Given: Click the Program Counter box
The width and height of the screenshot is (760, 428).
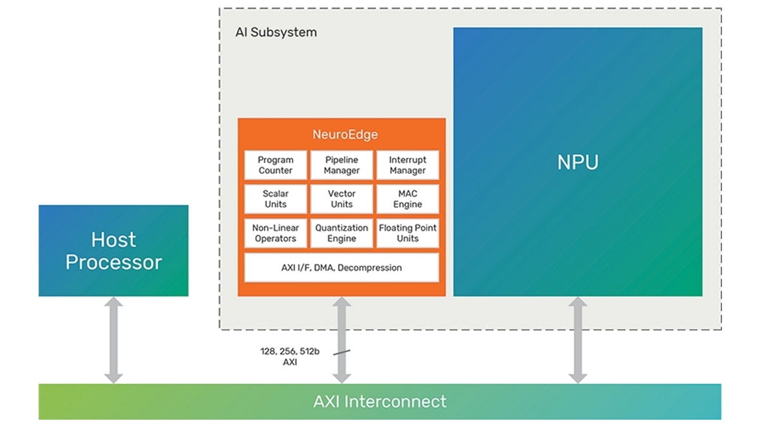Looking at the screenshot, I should click(x=275, y=165).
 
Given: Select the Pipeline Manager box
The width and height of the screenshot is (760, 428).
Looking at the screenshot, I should click(x=341, y=165).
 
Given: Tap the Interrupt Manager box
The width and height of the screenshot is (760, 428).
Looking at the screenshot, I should click(x=407, y=165).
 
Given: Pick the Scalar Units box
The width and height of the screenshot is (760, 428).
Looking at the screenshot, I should click(x=275, y=199).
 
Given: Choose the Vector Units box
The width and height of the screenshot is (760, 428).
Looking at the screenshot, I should click(x=341, y=199).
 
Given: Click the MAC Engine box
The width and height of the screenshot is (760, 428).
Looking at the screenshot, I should click(x=407, y=199).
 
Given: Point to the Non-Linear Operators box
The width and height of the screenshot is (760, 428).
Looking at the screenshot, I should click(x=275, y=233).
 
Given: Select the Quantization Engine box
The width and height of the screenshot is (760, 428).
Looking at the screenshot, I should click(x=341, y=233).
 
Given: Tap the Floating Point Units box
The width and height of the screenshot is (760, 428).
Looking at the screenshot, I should click(x=407, y=233).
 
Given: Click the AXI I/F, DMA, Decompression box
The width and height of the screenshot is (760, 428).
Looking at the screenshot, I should click(x=341, y=268).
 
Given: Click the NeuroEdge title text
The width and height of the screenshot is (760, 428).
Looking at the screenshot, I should click(x=341, y=134).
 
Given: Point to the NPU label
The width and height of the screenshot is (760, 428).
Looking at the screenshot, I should click(x=578, y=162).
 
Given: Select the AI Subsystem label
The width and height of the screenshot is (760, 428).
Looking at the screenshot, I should click(x=276, y=32).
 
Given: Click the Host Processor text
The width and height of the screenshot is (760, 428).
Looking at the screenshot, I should click(x=114, y=250).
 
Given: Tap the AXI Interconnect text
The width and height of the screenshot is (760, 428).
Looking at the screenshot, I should click(x=380, y=401).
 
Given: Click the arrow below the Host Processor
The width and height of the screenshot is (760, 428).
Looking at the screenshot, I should click(x=113, y=340).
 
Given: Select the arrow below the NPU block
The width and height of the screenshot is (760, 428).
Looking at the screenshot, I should click(x=578, y=340).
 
